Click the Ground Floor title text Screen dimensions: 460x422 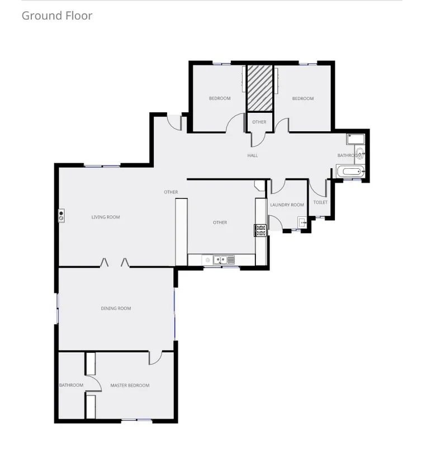56,16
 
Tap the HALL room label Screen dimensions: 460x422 253,155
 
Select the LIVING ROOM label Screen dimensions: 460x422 106,217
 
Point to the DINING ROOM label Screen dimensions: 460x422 116,309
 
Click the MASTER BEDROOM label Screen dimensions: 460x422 130,385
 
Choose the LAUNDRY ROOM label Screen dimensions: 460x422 287,205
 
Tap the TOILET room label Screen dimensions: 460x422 320,202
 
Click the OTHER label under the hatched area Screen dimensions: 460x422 259,122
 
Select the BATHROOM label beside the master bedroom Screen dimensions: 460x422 71,385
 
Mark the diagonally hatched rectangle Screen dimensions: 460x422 260,88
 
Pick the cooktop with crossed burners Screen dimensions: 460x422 260,230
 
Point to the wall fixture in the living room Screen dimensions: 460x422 61,215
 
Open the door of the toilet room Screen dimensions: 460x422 319,188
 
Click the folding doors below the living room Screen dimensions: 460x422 115,262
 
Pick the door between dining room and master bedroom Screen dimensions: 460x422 155,358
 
